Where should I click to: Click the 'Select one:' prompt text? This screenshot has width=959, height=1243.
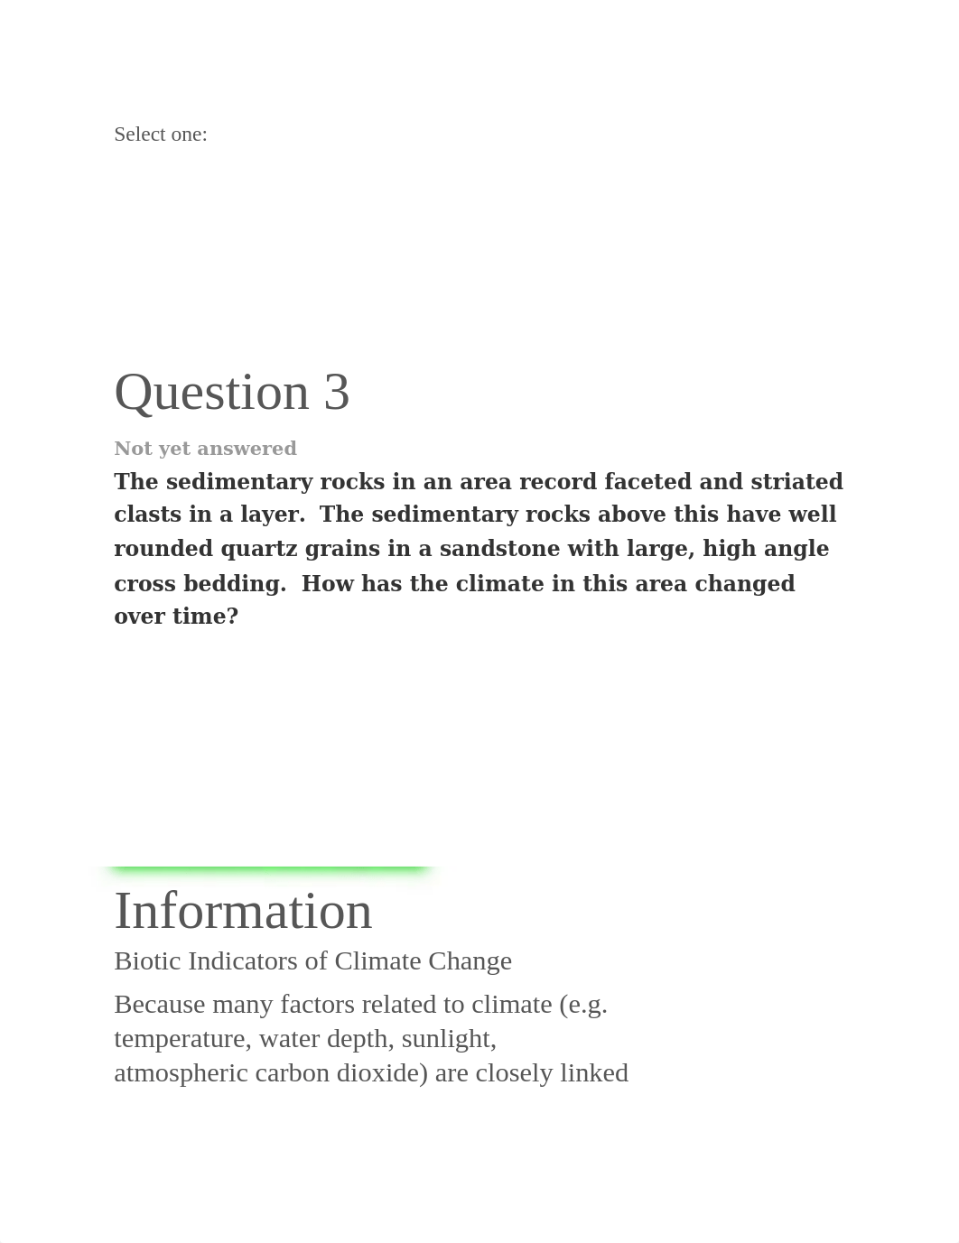[x=161, y=135]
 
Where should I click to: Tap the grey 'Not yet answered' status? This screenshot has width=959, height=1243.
[x=205, y=449]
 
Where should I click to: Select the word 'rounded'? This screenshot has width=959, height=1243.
[x=162, y=549]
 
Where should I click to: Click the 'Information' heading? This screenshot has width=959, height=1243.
[x=243, y=911]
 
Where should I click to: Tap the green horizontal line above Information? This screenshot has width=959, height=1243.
[x=267, y=868]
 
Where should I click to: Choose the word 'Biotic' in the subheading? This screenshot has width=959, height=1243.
[x=147, y=960]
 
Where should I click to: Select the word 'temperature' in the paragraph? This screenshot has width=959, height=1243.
[x=181, y=1039]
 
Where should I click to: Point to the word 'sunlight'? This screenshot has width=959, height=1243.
[x=449, y=1039]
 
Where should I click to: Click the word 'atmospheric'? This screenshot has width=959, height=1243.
[x=181, y=1073]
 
